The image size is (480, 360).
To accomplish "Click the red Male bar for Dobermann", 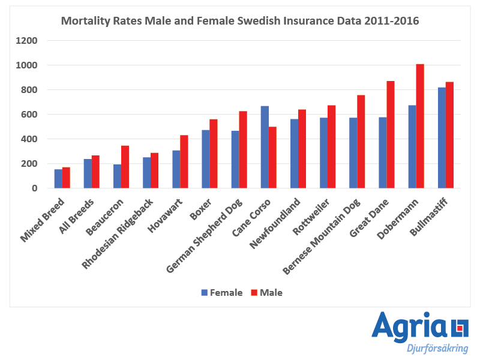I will click(420, 126).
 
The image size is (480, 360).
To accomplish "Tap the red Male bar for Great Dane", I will click(391, 134).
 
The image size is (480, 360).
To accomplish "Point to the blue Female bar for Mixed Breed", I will click(58, 179).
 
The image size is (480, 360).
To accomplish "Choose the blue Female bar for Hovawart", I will click(176, 169).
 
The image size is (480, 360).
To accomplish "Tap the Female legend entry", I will click(222, 293).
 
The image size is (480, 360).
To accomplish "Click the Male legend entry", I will click(266, 293).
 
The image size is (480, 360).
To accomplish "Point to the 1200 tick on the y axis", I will click(28, 41).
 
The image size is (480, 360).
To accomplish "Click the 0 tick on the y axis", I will click(35, 188).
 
